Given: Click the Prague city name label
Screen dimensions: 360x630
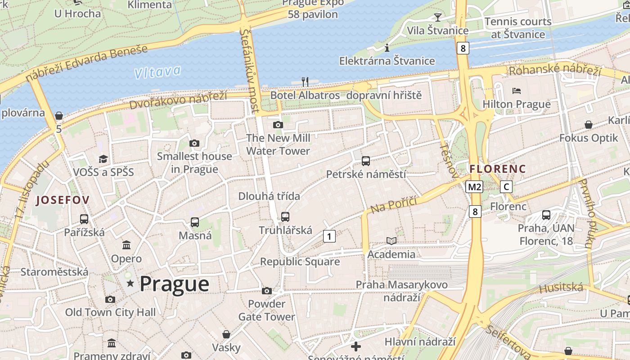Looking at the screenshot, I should (174, 284).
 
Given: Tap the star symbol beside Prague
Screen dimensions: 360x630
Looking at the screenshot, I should (130, 283).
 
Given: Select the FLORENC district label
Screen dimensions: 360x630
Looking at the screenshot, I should (497, 169).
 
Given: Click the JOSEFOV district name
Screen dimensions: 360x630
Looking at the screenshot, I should (63, 200).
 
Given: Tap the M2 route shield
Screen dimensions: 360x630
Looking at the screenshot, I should (474, 187).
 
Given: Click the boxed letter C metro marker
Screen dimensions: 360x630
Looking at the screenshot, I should (506, 187).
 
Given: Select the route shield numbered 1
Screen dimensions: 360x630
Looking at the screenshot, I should (329, 236).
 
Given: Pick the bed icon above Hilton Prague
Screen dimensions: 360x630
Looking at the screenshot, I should (517, 91).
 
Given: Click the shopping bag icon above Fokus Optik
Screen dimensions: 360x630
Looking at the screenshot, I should (588, 125).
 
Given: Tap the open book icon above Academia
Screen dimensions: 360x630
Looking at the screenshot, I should (391, 241).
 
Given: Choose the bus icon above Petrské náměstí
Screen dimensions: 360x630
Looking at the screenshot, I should (366, 161).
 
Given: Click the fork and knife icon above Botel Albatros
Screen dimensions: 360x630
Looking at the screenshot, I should (305, 81).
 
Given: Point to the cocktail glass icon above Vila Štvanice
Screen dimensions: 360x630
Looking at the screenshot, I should (437, 18).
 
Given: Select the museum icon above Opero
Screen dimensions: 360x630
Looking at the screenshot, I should (126, 245).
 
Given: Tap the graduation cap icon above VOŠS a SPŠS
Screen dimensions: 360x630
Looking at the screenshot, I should (103, 159).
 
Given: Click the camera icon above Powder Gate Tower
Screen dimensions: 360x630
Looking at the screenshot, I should (267, 291).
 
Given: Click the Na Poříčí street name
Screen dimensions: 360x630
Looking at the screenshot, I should (393, 203).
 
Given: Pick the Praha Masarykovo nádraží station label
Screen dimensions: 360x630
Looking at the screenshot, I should (401, 291).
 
